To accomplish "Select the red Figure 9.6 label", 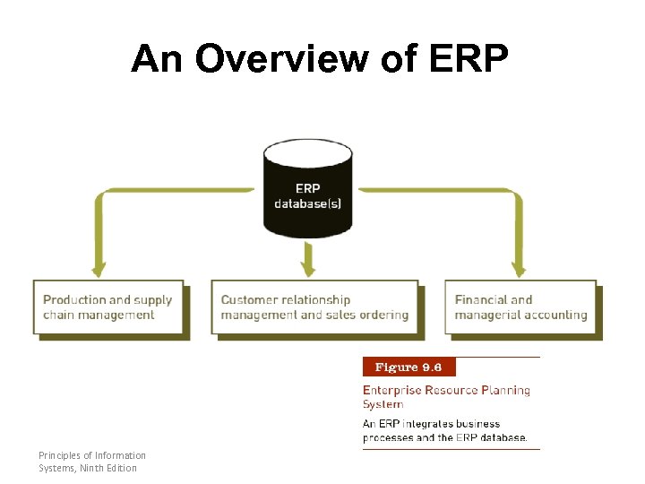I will pos(408,367).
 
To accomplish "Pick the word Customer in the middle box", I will pos(250,299).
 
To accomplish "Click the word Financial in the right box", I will pos(481,299).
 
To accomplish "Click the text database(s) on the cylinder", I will pos(307,203).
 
